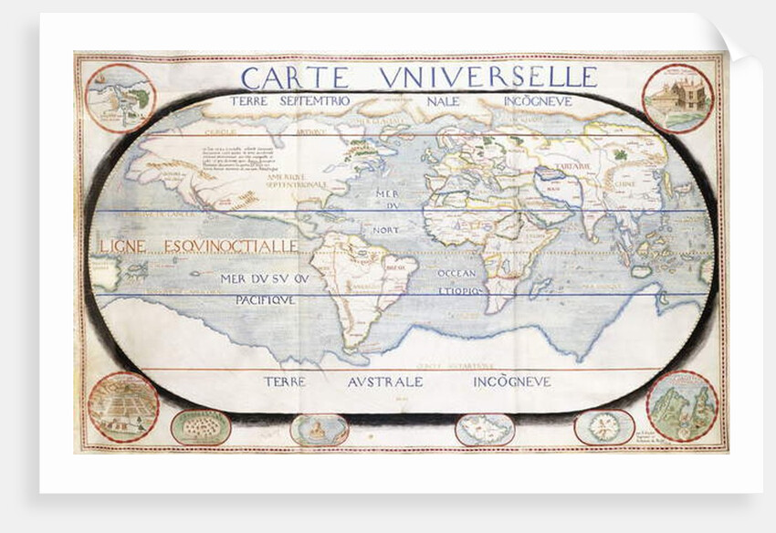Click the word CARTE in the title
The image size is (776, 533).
(299, 77)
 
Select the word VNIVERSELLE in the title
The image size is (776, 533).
(488, 77)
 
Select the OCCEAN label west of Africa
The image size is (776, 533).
(457, 273)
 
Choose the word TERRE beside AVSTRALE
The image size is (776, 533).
(287, 381)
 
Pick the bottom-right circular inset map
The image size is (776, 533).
(681, 407)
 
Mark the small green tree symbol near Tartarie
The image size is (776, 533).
(622, 155)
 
